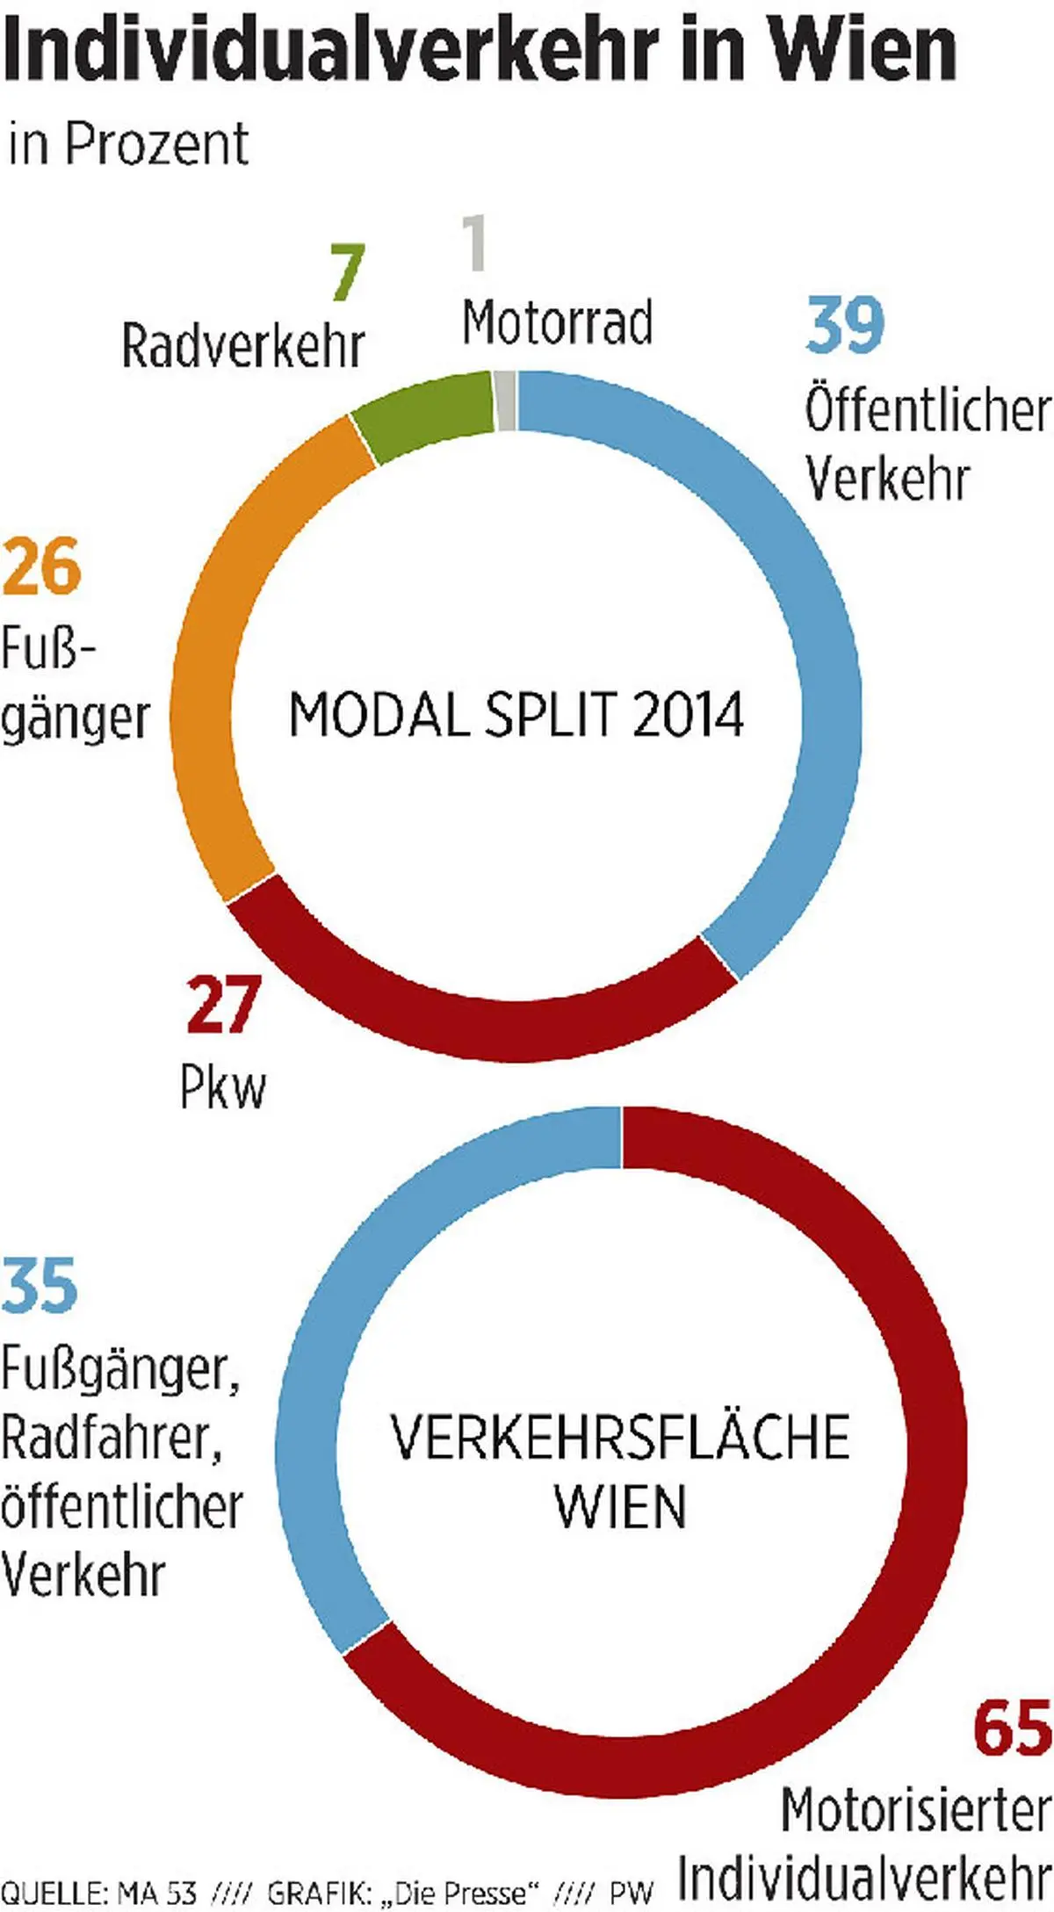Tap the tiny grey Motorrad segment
point(505,400)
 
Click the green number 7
point(346,272)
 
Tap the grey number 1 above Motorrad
point(474,243)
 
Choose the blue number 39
point(845,325)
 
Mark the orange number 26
point(41,566)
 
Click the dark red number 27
point(223,1006)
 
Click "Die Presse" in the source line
point(460,1892)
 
